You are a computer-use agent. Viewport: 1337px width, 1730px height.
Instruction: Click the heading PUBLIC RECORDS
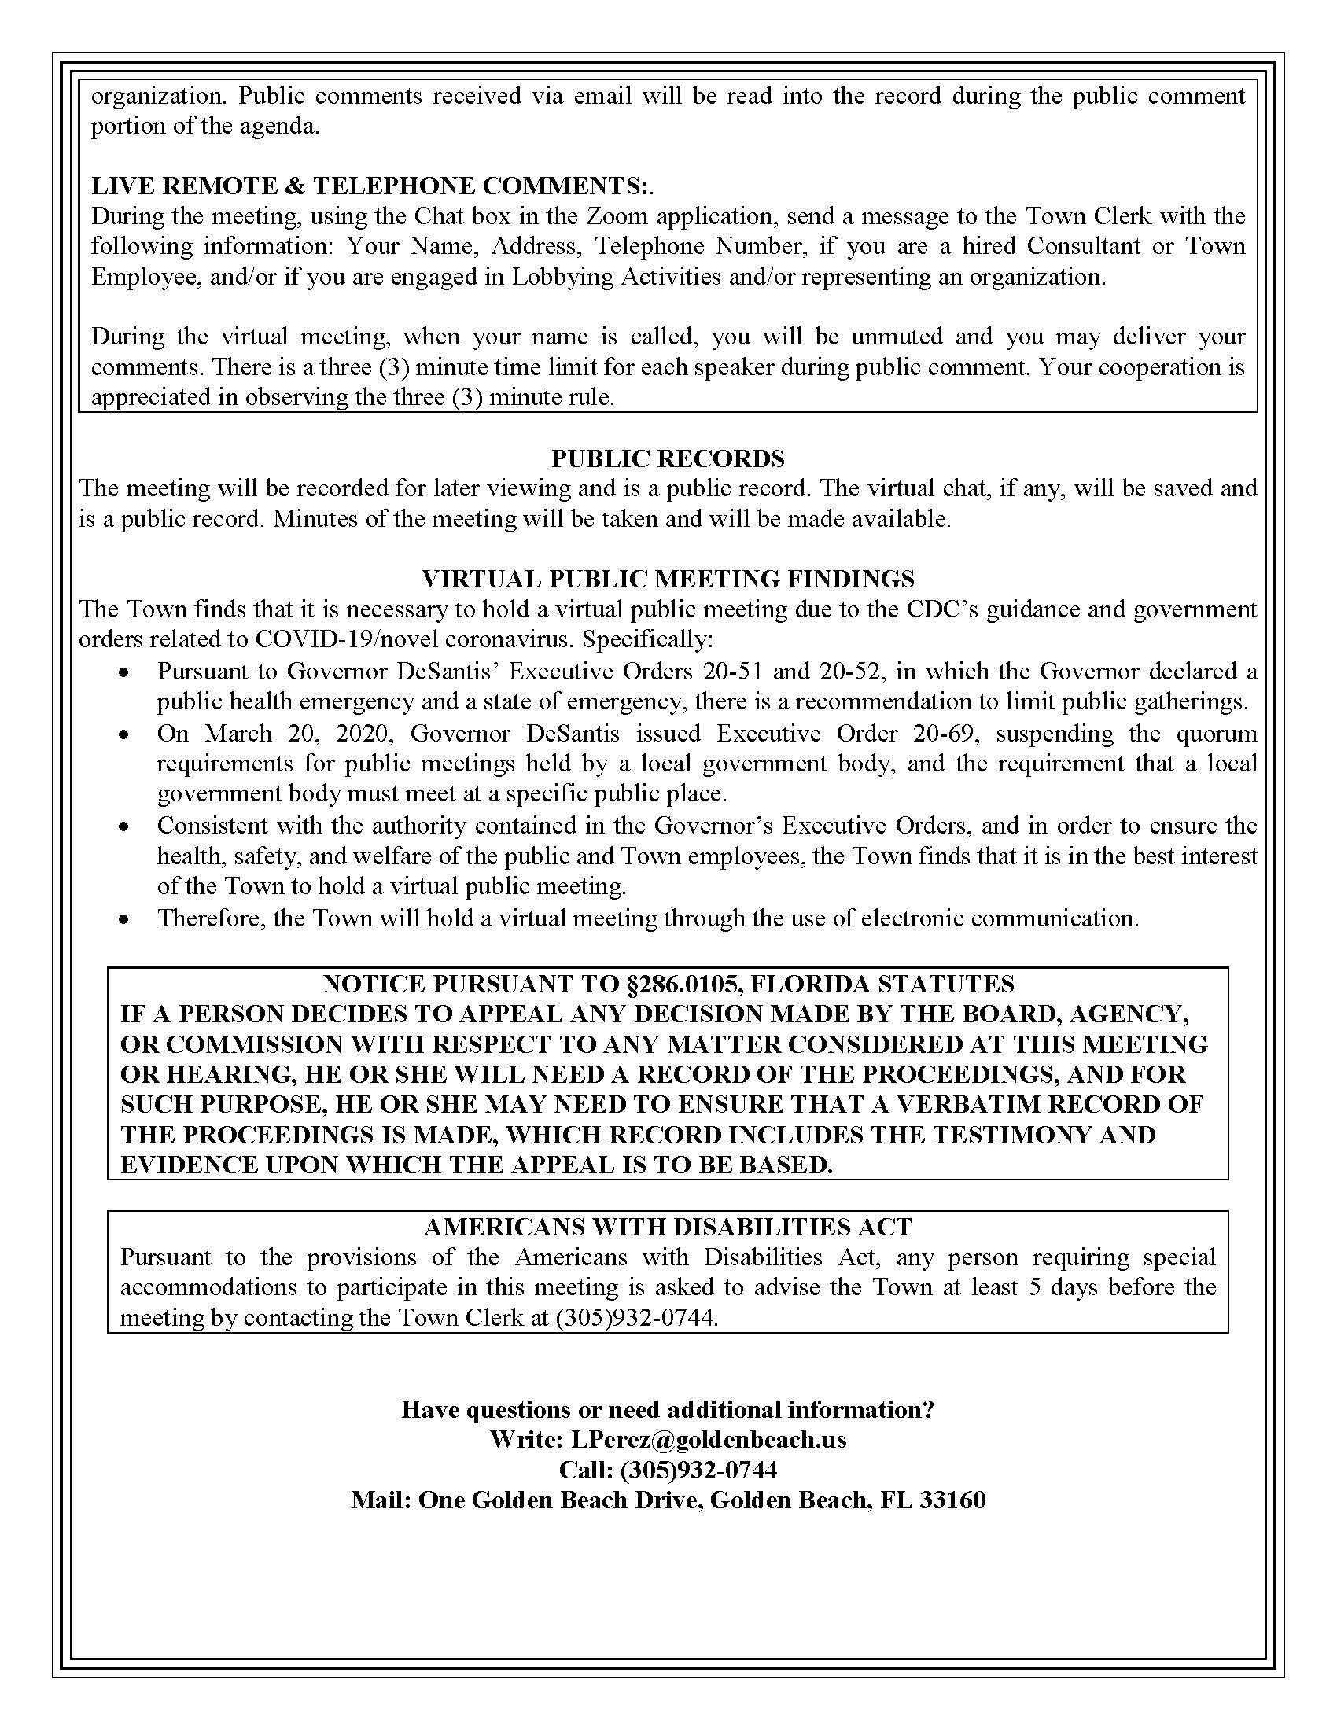pyautogui.click(x=668, y=458)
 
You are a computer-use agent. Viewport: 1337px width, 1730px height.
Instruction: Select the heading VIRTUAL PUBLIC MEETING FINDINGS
pyautogui.click(x=668, y=578)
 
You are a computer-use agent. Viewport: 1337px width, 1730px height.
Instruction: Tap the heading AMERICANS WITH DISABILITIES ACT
pyautogui.click(x=668, y=1227)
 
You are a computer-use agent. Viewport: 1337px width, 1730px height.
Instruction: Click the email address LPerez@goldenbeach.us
pyautogui.click(x=709, y=1438)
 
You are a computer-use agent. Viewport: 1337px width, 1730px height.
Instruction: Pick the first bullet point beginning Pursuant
pyautogui.click(x=123, y=672)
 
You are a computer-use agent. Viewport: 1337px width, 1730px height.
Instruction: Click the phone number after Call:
pyautogui.click(x=698, y=1470)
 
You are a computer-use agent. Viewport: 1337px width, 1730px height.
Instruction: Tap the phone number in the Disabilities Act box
pyautogui.click(x=637, y=1317)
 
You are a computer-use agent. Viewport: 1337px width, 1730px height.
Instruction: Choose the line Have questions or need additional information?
pyautogui.click(x=668, y=1408)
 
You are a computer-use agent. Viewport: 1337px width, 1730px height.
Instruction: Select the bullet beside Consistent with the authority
pyautogui.click(x=123, y=826)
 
